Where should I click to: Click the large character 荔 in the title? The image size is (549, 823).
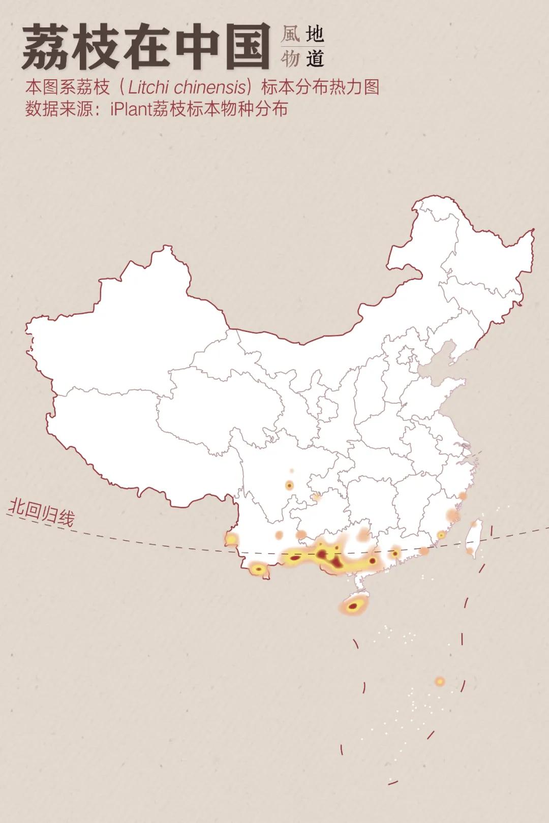pos(46,47)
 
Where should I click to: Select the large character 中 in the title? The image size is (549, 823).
pos(193,47)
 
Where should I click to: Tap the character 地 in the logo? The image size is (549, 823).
pos(315,35)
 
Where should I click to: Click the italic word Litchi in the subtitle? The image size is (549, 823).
pos(148,87)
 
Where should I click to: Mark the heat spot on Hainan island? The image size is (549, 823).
pos(353,605)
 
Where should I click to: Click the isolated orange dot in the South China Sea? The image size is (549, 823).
pos(440,681)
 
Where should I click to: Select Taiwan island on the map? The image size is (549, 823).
pos(474,539)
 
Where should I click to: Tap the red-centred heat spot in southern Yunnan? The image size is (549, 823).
pos(259,569)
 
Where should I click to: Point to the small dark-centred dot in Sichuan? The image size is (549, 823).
pos(290,485)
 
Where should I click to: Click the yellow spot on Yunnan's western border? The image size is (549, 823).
pos(231,539)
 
